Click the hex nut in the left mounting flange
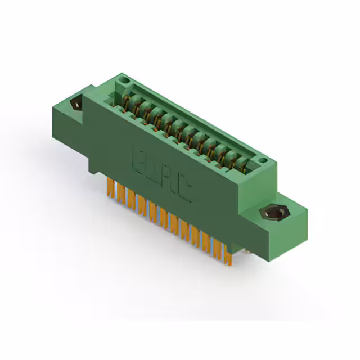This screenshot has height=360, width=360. point(74,105)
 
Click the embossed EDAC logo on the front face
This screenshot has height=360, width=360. point(162,173)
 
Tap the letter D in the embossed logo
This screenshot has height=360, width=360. point(154,168)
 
